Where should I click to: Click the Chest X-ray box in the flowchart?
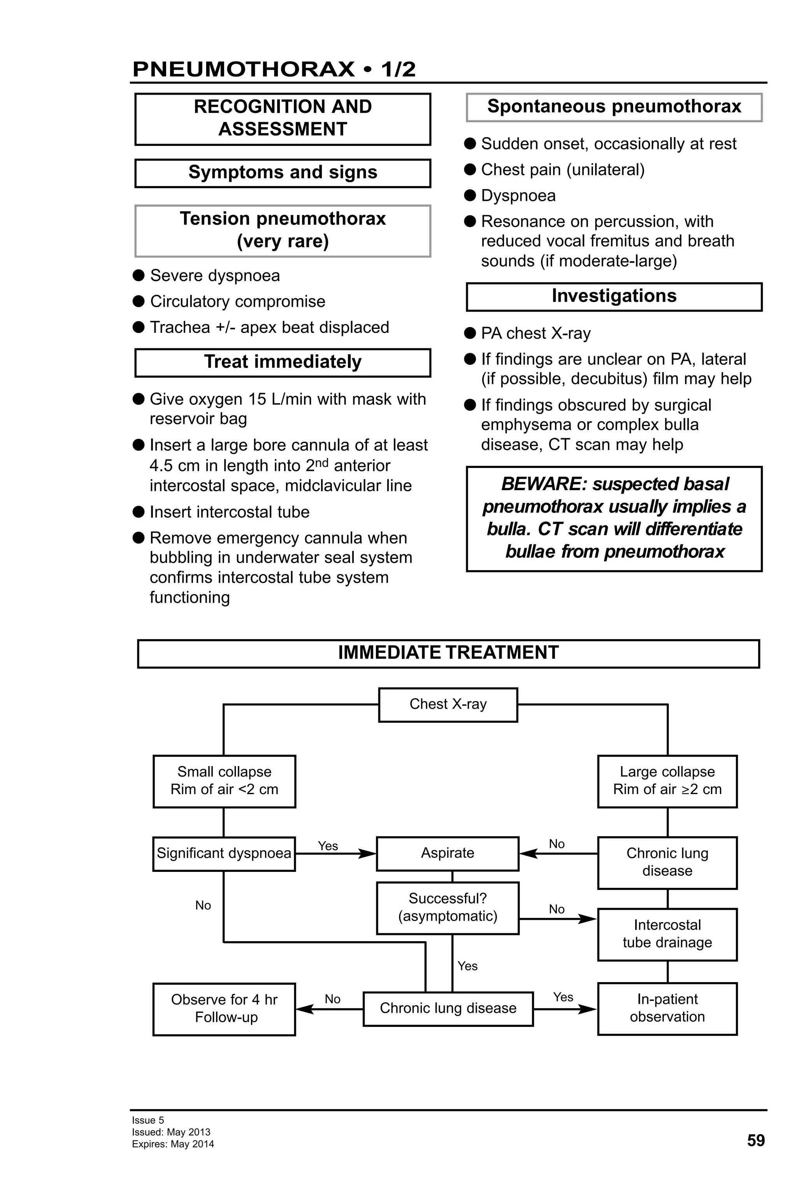tap(448, 704)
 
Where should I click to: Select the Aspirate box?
tap(447, 853)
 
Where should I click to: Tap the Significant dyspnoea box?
tap(223, 853)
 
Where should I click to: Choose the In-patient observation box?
tap(667, 1008)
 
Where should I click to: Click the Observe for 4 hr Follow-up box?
tap(224, 1009)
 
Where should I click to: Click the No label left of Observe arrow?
tap(332, 999)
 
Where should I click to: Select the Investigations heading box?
tap(614, 296)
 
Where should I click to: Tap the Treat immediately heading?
tap(283, 362)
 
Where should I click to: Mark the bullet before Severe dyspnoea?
tap(139, 276)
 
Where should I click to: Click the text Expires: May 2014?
tap(173, 1144)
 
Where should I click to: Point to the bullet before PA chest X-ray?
tap(470, 333)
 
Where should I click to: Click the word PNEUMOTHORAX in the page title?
tap(243, 69)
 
